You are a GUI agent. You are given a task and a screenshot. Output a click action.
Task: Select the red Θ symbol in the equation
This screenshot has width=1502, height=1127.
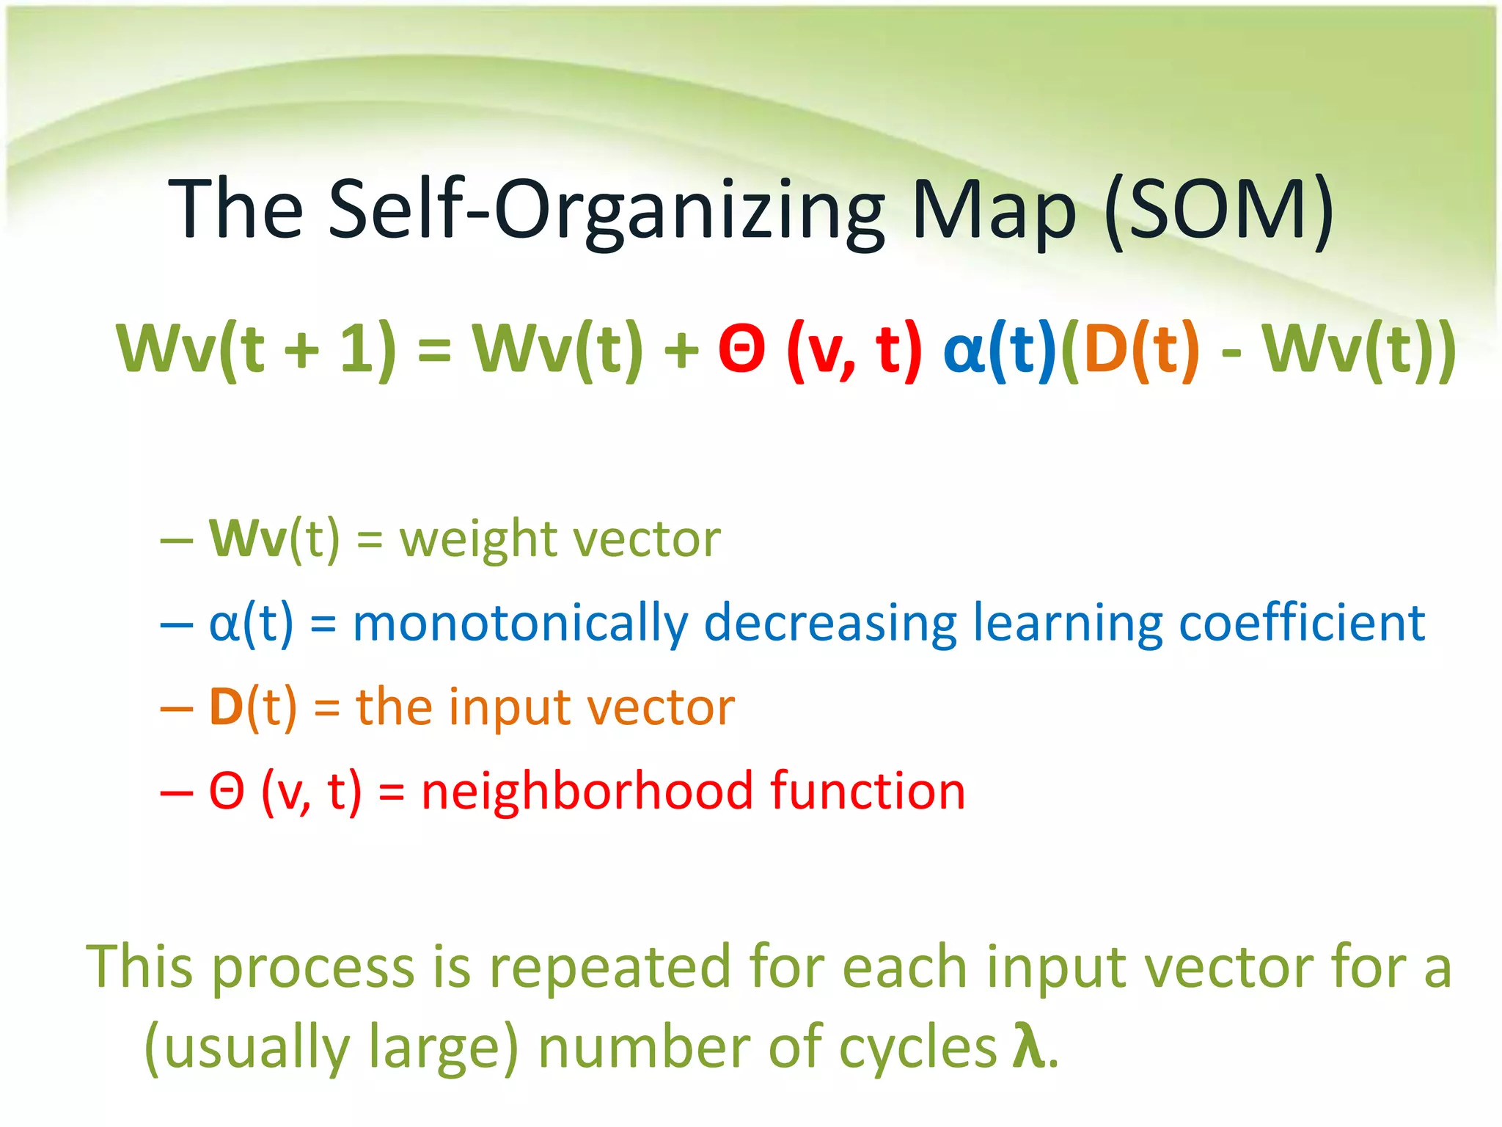[x=741, y=350]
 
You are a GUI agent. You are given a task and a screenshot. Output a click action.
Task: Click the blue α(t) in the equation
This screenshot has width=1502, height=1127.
[x=999, y=350]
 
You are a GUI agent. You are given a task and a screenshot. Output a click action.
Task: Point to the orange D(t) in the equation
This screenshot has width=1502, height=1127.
[x=1141, y=350]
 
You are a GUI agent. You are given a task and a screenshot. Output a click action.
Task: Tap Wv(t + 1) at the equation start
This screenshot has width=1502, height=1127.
[x=256, y=350]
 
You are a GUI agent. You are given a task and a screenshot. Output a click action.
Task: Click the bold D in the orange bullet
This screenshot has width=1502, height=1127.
[x=226, y=707]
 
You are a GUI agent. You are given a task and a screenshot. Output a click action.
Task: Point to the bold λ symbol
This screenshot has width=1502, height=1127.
[x=1027, y=1046]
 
